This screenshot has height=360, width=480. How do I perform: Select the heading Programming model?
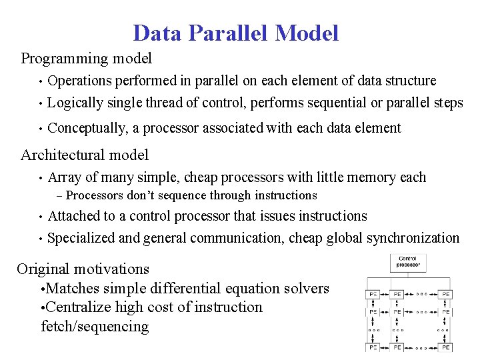pyautogui.click(x=87, y=59)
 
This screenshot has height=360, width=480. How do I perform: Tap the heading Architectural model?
pyautogui.click(x=85, y=155)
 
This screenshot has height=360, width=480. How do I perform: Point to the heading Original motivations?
pyautogui.click(x=83, y=269)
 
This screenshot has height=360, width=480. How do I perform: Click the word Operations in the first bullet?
pyautogui.click(x=80, y=81)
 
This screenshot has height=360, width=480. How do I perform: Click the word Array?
pyautogui.click(x=65, y=177)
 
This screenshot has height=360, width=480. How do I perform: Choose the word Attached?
pyautogui.click(x=74, y=216)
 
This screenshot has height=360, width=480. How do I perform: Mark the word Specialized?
pyautogui.click(x=84, y=238)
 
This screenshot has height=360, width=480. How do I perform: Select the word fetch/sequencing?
pyautogui.click(x=95, y=327)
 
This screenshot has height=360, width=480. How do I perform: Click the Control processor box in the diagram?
pyautogui.click(x=408, y=262)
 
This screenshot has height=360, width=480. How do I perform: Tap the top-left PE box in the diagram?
pyautogui.click(x=373, y=293)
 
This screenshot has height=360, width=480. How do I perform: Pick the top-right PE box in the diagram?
pyautogui.click(x=444, y=293)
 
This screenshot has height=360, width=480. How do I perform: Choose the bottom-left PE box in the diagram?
pyautogui.click(x=373, y=347)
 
